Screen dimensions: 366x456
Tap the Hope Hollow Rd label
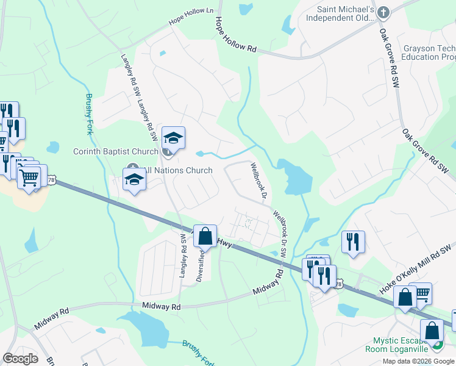[x=235, y=37]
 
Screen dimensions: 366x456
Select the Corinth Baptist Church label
[x=115, y=151]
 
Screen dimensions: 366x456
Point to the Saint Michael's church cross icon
[x=383, y=12]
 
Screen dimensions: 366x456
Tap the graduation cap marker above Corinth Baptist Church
[x=173, y=139]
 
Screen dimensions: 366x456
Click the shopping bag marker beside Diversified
[x=206, y=235]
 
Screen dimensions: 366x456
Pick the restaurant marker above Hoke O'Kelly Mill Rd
[x=353, y=241]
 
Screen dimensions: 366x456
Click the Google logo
[x=20, y=358]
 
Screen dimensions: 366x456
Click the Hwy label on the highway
[x=224, y=243]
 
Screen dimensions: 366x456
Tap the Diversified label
[x=200, y=262]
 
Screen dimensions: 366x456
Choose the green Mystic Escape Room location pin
[x=436, y=345]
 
